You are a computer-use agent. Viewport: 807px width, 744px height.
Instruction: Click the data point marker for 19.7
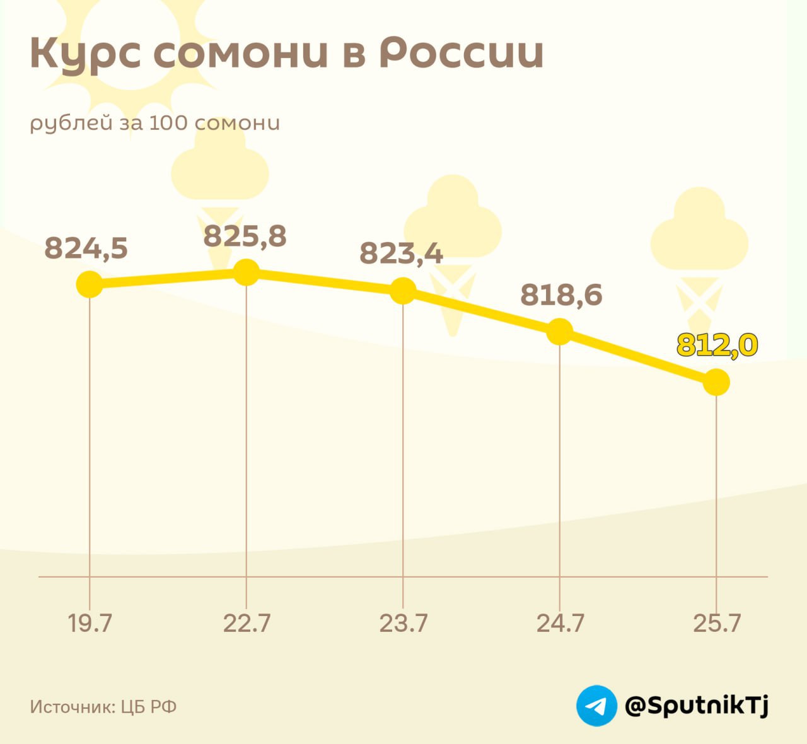tap(90, 284)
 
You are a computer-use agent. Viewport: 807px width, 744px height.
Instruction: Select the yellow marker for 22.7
tap(246, 272)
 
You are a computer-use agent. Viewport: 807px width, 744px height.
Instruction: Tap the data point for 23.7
tap(403, 291)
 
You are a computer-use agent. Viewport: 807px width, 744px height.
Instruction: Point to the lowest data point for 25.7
tap(716, 382)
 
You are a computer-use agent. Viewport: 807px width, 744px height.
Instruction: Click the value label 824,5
tap(86, 248)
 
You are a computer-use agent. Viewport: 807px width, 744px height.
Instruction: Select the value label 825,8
tap(245, 236)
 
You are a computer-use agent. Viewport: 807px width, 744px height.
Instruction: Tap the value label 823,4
tap(401, 253)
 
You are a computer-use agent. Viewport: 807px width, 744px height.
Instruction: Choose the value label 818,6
tap(561, 294)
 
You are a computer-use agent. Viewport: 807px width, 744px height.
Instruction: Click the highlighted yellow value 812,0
tap(717, 345)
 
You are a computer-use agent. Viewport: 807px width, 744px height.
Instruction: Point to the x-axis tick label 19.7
tap(90, 624)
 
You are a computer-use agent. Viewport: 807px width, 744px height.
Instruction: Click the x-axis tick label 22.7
tap(247, 624)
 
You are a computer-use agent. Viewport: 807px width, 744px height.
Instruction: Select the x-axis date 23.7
tap(403, 624)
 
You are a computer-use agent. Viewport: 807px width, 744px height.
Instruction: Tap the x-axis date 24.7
tap(560, 624)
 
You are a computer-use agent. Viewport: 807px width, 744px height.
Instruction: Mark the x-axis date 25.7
tap(717, 624)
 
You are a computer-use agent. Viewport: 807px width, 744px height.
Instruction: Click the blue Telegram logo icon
tap(596, 706)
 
